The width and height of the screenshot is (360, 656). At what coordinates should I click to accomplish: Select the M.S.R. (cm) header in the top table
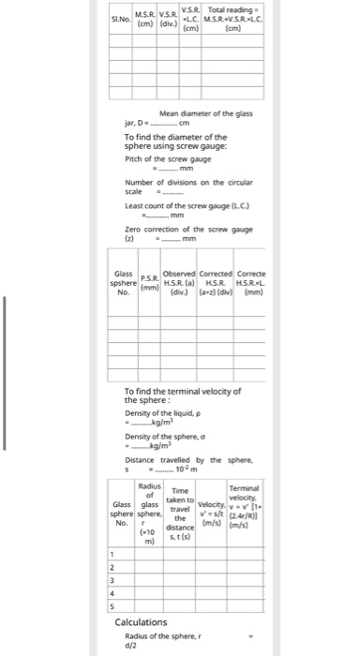click(145, 18)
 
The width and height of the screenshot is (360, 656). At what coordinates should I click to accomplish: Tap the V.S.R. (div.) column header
click(169, 18)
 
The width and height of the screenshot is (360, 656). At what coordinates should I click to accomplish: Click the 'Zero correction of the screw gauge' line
click(188, 230)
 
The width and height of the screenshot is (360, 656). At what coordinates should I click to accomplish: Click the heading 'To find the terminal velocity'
click(183, 394)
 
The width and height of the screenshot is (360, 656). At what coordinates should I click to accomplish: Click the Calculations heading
click(141, 622)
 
